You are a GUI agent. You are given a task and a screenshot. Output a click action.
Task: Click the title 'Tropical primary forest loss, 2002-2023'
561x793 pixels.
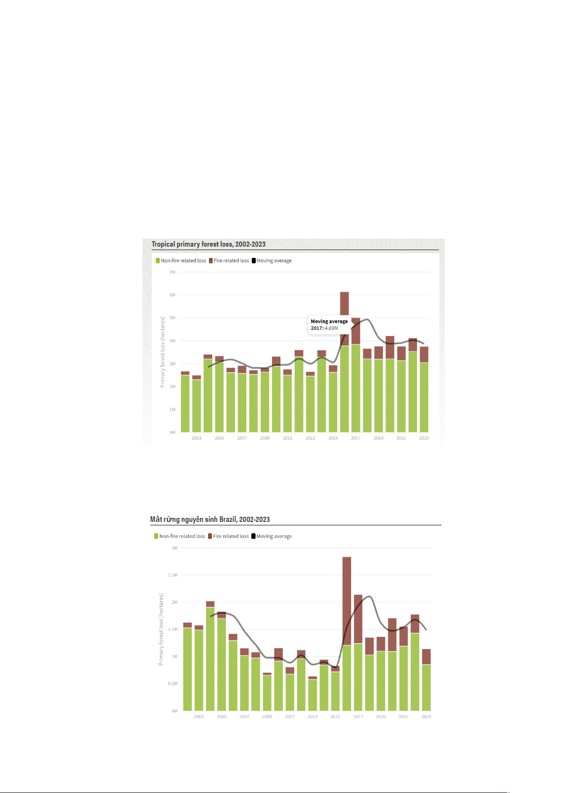click(x=208, y=244)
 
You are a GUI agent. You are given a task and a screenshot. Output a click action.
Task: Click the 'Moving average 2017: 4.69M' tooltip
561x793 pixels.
click(x=329, y=325)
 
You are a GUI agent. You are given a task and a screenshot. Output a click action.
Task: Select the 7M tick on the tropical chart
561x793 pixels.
click(x=172, y=272)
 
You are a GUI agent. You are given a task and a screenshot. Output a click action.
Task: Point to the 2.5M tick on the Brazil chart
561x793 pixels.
click(x=173, y=575)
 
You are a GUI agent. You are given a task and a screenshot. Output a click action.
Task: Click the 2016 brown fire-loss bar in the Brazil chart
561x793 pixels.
click(x=347, y=601)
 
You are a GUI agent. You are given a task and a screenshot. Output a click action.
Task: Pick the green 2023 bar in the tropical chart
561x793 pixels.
click(x=424, y=397)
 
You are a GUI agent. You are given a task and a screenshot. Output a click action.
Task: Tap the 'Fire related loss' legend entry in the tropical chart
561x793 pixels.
click(x=229, y=261)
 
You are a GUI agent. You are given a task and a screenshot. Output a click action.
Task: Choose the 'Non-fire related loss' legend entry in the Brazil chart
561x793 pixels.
click(x=180, y=536)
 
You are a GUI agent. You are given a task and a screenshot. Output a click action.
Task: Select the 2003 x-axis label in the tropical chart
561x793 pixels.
click(x=196, y=438)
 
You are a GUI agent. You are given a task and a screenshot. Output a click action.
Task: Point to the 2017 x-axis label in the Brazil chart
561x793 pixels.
click(x=358, y=717)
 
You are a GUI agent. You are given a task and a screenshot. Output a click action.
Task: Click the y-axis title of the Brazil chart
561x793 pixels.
click(x=161, y=629)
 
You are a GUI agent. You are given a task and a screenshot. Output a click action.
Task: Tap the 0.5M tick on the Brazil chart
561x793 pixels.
click(x=173, y=684)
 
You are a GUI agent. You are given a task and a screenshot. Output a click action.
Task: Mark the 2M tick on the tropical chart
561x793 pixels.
click(x=172, y=386)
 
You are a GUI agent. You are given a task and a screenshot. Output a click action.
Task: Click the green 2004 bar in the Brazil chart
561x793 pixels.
click(x=210, y=659)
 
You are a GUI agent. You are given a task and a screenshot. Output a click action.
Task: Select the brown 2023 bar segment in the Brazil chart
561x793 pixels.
click(x=426, y=657)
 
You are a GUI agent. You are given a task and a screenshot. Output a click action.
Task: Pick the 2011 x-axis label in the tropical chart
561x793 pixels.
click(x=288, y=438)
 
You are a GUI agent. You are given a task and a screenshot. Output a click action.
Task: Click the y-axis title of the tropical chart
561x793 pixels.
click(x=162, y=352)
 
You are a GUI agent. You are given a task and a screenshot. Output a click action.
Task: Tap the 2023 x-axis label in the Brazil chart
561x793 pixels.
click(x=426, y=717)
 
